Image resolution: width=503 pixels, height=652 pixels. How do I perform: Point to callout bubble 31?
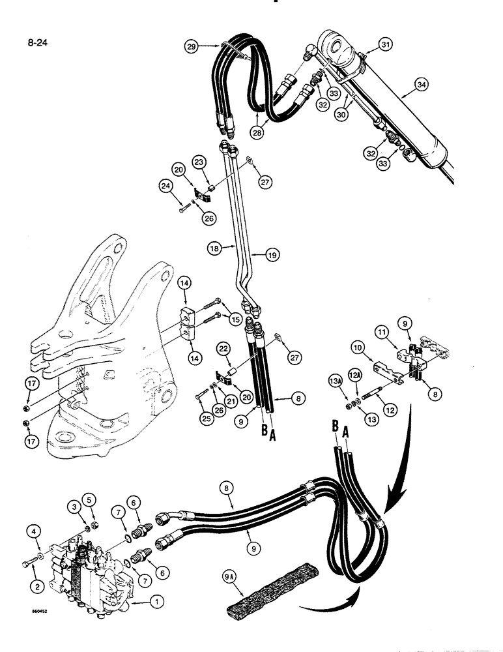(x=386, y=44)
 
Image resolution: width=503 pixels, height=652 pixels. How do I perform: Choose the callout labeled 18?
(x=213, y=248)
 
